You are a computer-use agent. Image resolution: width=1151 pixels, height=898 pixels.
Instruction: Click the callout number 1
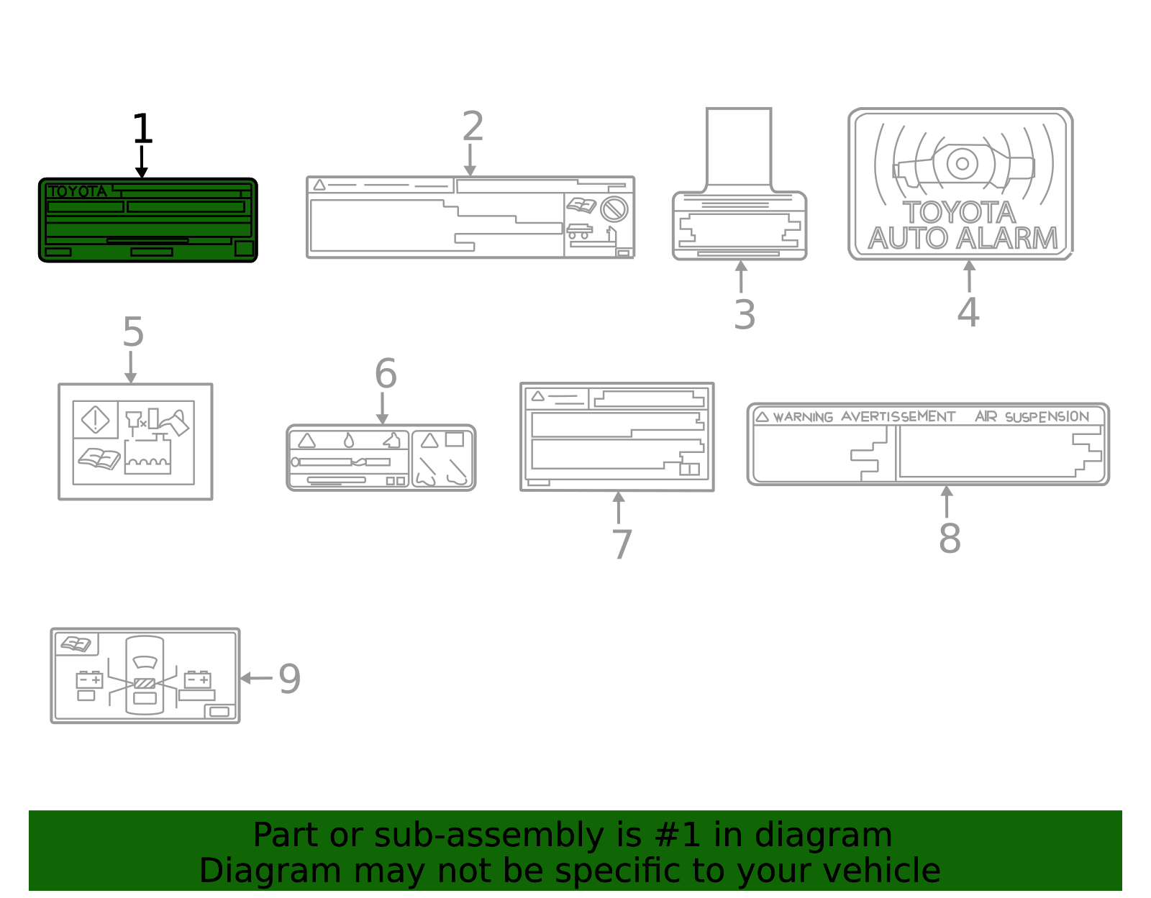[x=142, y=129]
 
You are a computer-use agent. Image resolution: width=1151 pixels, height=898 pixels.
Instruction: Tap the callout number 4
[x=968, y=312]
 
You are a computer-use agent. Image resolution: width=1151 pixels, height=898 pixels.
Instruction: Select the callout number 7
[x=622, y=544]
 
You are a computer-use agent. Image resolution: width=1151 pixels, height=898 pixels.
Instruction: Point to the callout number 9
[x=289, y=679]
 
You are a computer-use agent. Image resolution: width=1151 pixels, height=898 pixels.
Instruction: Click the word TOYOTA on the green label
[x=78, y=191]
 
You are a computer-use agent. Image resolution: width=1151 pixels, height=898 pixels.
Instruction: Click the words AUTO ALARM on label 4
[x=963, y=238]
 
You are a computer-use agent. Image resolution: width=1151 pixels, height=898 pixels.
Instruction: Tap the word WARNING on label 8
[x=803, y=417]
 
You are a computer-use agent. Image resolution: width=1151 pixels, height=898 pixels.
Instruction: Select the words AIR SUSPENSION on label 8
[x=1032, y=417]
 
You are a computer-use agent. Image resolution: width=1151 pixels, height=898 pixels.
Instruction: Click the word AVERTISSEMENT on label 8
[x=898, y=417]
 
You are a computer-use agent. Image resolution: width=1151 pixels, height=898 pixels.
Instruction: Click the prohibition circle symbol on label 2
[x=614, y=209]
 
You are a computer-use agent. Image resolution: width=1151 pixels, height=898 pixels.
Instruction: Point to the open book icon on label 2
[x=581, y=206]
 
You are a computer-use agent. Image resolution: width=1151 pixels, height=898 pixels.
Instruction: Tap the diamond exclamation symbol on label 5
[x=96, y=420]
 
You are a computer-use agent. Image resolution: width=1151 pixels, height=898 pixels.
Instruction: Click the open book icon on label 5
[x=99, y=458]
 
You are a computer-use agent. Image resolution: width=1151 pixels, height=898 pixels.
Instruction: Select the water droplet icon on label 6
[x=349, y=440]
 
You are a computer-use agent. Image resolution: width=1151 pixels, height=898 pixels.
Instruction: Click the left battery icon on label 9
[x=89, y=679]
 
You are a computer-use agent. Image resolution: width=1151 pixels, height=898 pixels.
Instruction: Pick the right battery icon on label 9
[x=197, y=679]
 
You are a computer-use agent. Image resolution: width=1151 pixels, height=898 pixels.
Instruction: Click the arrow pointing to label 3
[x=741, y=277]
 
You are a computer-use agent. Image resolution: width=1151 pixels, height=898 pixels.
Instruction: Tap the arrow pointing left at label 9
[x=255, y=678]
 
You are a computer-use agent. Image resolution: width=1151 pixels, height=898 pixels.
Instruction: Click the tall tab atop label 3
[x=739, y=147]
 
